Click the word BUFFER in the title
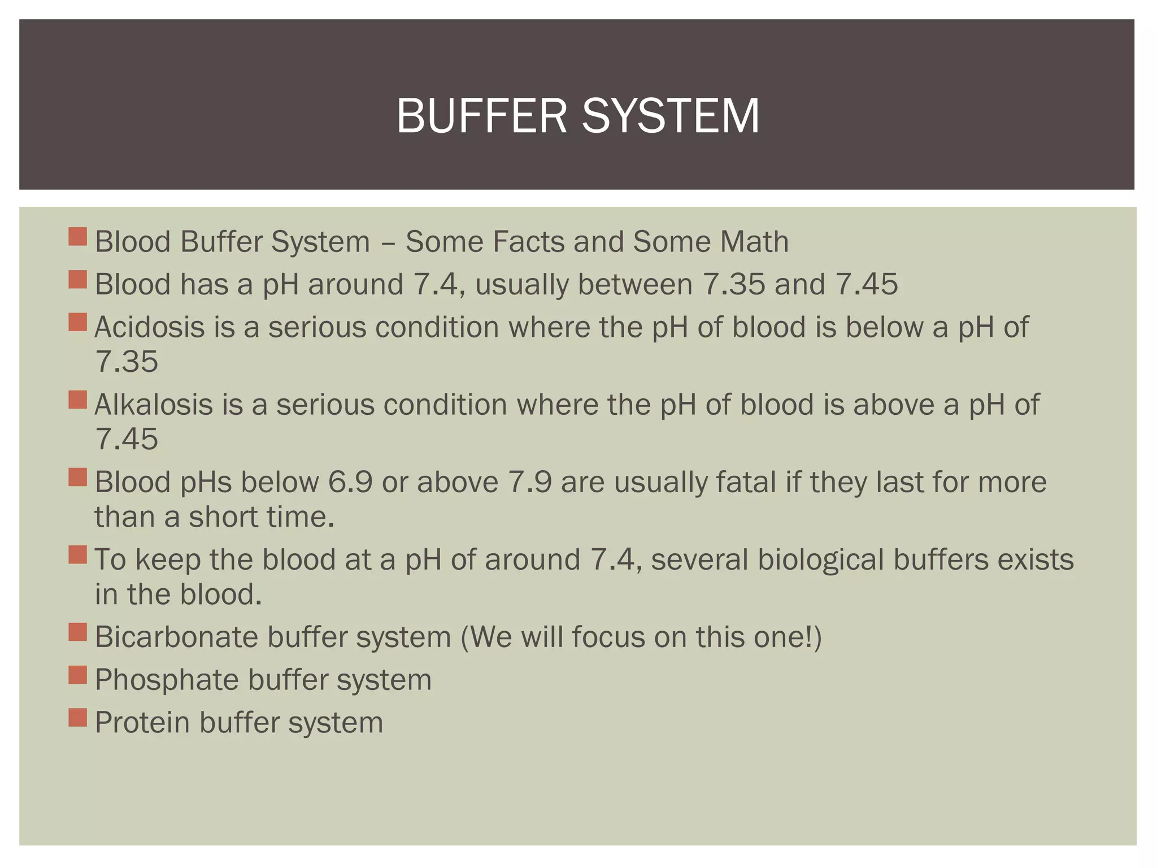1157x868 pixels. point(481,116)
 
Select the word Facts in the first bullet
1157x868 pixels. point(529,242)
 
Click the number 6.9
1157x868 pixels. point(350,482)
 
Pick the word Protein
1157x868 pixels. point(142,722)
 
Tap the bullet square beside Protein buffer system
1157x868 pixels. point(77,718)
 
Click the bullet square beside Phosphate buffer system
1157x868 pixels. point(77,675)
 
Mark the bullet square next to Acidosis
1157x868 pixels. point(77,323)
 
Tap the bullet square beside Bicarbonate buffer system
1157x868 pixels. point(77,632)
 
